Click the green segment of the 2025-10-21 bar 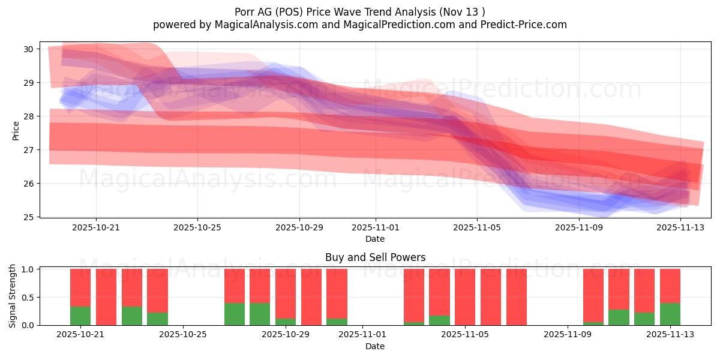click(x=80, y=316)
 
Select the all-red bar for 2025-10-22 click(x=106, y=297)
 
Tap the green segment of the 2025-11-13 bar click(x=670, y=314)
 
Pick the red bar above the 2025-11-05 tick click(x=465, y=297)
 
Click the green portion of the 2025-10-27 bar click(x=235, y=314)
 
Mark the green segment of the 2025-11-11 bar click(x=619, y=317)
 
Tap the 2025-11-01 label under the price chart click(x=376, y=227)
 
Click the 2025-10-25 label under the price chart click(x=197, y=227)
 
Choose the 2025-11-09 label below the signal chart click(x=567, y=335)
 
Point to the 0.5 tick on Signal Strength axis click(x=28, y=298)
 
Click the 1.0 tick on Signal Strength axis click(x=28, y=269)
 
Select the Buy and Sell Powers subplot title click(x=375, y=257)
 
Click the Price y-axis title click(x=16, y=130)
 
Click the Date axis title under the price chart click(x=375, y=239)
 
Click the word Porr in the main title click(x=246, y=11)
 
